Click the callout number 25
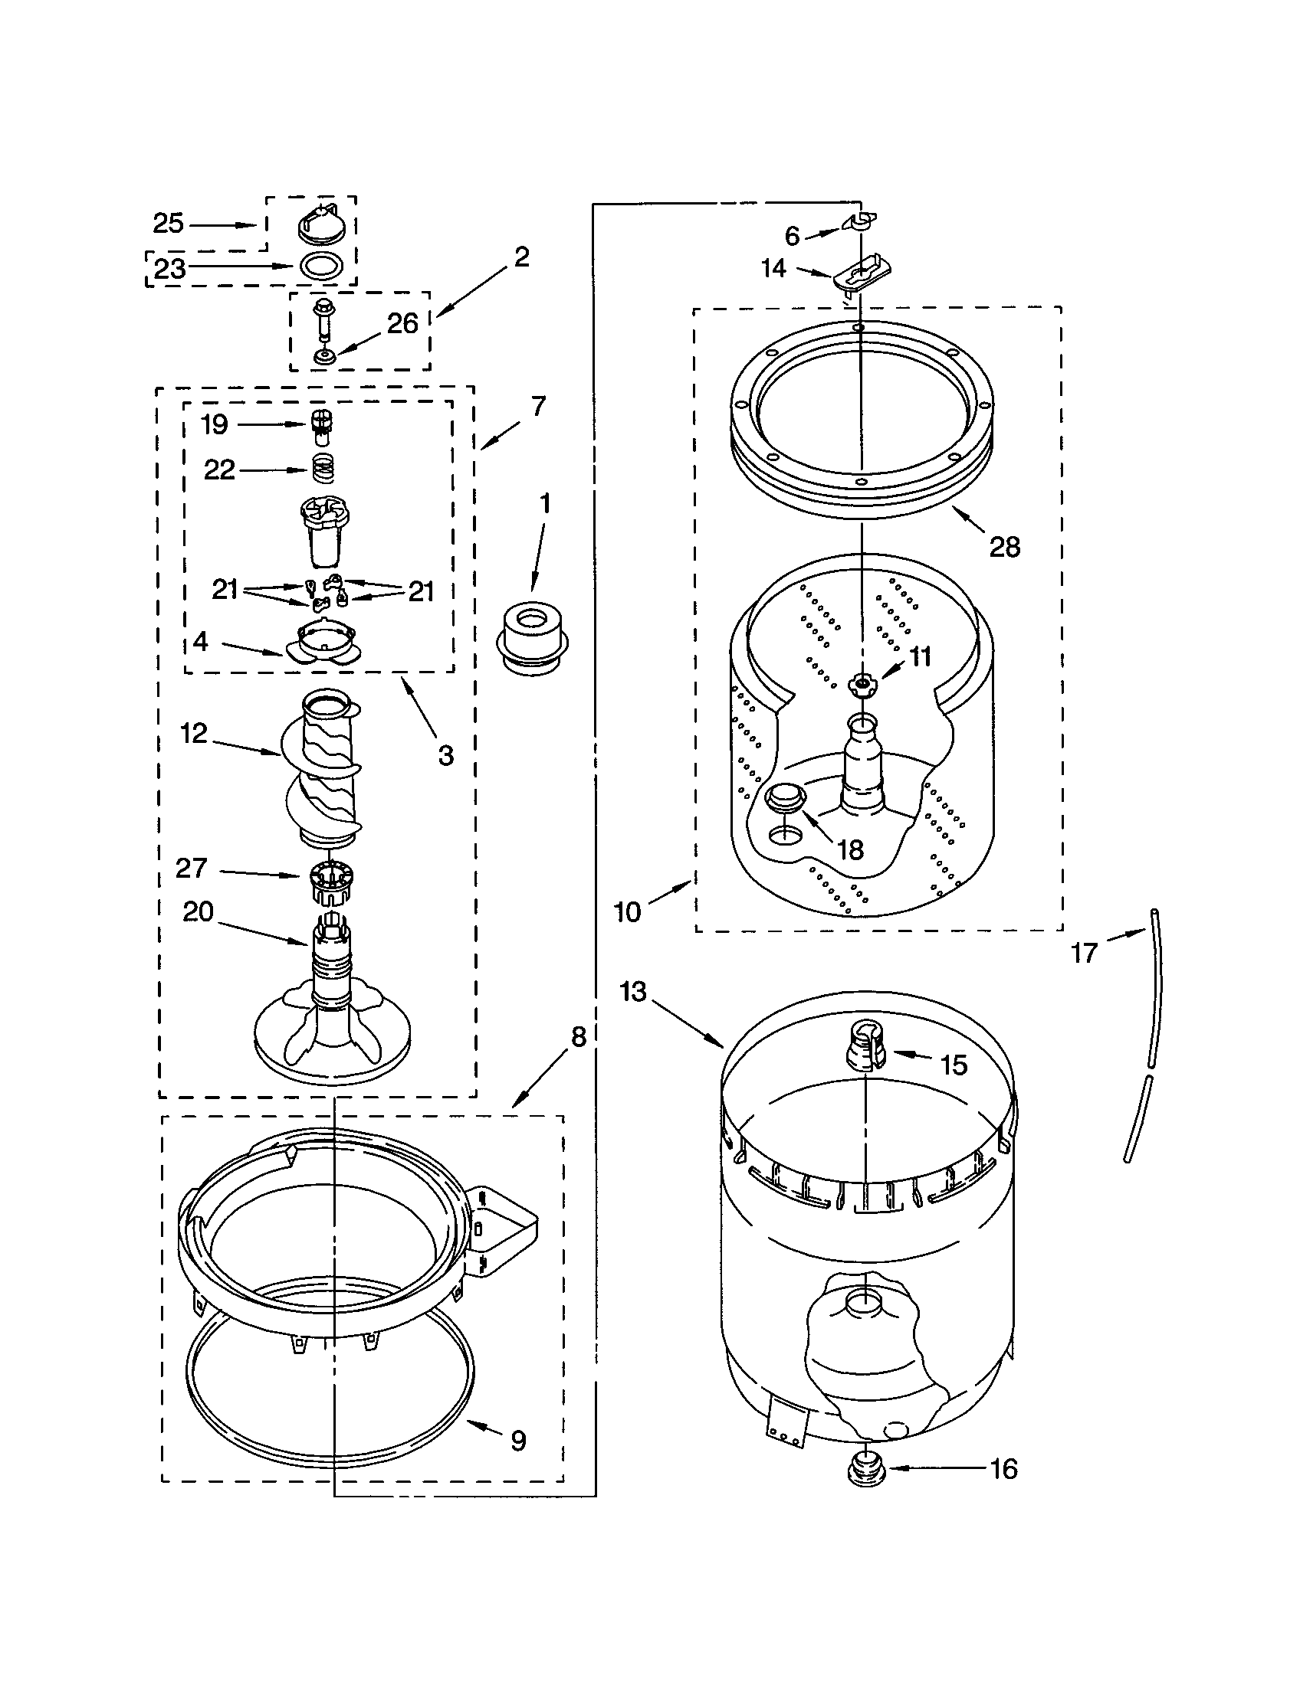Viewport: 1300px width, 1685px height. coord(169,224)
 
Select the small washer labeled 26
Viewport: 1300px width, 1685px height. coord(324,356)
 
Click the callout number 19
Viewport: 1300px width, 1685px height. coord(215,424)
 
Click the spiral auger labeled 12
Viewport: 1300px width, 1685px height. coord(324,771)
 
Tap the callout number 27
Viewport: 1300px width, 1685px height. coord(192,869)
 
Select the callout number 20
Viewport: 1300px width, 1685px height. coord(198,912)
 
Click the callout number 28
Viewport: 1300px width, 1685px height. coord(1004,547)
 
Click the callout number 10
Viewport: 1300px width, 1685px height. coord(627,912)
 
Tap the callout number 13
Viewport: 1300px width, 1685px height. coord(633,991)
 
